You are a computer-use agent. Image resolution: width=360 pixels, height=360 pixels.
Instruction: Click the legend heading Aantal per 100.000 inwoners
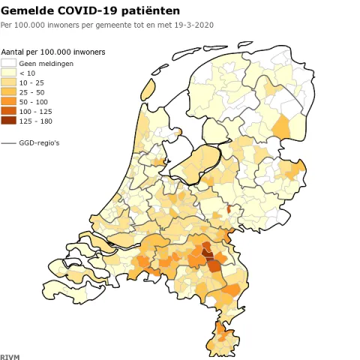(x=53, y=52)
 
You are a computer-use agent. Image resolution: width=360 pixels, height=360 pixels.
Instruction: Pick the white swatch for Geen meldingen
(x=9, y=63)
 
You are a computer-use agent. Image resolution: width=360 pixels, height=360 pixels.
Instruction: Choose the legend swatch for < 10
(x=9, y=73)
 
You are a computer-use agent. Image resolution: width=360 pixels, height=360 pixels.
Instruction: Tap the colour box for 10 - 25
(x=9, y=82)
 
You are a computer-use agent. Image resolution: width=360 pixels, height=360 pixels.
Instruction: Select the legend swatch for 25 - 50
(x=9, y=92)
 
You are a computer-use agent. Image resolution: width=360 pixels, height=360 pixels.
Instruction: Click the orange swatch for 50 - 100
(x=9, y=101)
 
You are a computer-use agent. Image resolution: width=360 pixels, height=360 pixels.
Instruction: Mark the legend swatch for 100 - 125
(x=9, y=111)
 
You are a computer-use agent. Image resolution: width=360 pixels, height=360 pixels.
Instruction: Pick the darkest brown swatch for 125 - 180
(x=9, y=120)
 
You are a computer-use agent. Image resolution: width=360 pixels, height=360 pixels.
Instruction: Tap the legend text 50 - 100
(x=34, y=102)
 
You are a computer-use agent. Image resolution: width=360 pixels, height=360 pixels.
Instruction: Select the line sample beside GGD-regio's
(x=9, y=142)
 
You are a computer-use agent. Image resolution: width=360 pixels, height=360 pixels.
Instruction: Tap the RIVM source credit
(x=9, y=355)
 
